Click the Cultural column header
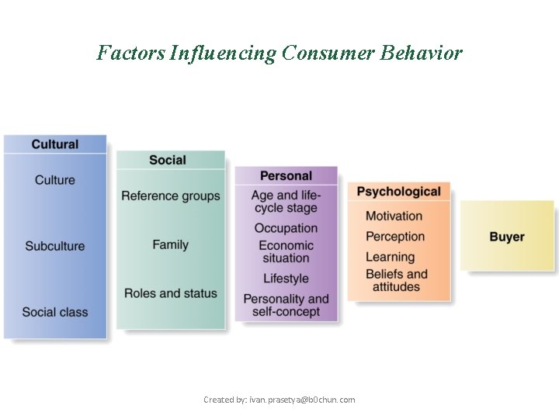click(55, 144)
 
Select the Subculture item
click(55, 246)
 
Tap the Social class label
click(55, 312)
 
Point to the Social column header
click(168, 160)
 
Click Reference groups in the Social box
click(171, 196)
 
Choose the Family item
click(171, 244)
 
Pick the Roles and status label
click(171, 293)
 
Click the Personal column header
click(286, 176)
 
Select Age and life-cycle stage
click(286, 202)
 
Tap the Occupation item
click(286, 228)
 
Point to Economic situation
click(286, 251)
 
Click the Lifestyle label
click(286, 279)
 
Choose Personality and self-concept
click(286, 305)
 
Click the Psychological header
click(398, 192)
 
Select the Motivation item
click(394, 216)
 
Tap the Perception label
click(395, 237)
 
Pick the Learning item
click(391, 257)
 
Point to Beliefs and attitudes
click(397, 280)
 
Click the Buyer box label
click(507, 237)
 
